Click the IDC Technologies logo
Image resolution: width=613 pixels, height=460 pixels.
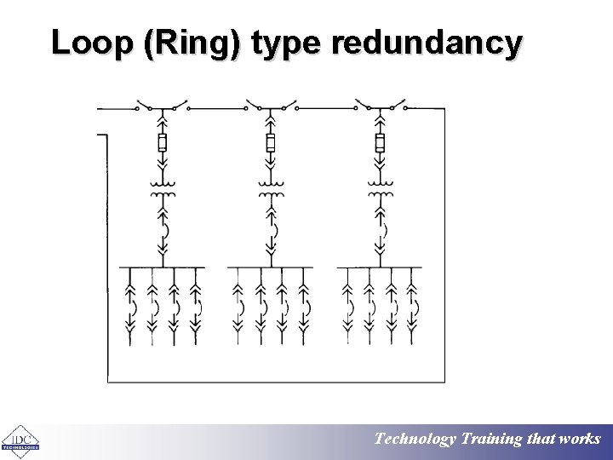[x=19, y=440]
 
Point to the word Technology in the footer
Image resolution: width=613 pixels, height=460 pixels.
[x=415, y=440]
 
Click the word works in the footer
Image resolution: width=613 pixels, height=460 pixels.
[x=581, y=440]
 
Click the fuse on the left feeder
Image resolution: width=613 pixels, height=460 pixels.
[x=162, y=142]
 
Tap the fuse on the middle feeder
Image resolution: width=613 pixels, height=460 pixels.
[x=271, y=142]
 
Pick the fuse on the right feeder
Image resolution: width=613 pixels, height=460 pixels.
[x=380, y=142]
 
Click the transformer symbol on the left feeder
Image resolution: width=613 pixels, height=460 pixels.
[x=162, y=189]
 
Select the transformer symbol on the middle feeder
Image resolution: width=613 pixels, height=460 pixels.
[x=271, y=189]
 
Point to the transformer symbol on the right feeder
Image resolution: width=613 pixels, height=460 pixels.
[x=380, y=189]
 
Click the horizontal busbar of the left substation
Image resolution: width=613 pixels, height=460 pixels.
[x=162, y=267]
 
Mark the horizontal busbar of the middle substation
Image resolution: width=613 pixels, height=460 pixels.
[x=271, y=267]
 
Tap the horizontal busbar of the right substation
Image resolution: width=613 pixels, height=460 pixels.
[x=380, y=267]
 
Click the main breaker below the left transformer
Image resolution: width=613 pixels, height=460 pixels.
[x=162, y=230]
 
